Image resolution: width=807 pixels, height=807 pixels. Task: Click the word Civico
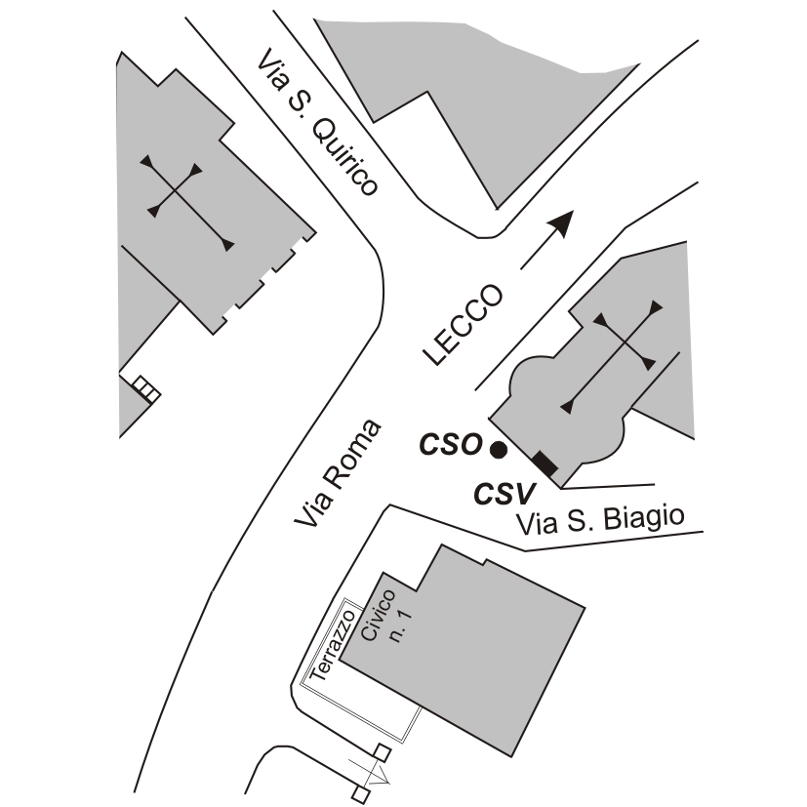coord(378,615)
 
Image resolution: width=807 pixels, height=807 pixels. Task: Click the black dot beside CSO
coord(498,450)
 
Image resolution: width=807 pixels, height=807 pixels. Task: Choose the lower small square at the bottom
coord(360,796)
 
